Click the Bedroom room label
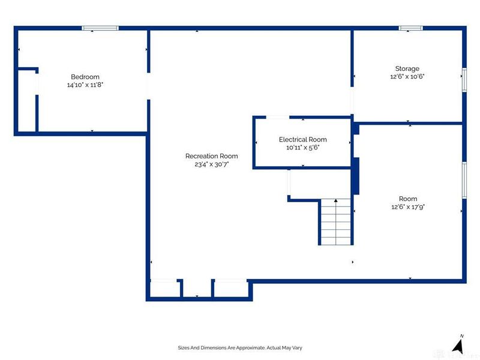click(x=85, y=77)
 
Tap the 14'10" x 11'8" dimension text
click(x=85, y=85)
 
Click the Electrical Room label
click(x=302, y=139)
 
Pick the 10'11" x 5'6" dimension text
click(x=302, y=147)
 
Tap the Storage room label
click(x=407, y=68)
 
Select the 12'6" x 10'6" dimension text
click(x=407, y=77)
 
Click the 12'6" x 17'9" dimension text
click(x=407, y=206)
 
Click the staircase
click(x=335, y=222)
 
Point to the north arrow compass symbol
click(x=458, y=345)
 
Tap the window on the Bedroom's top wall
click(x=100, y=28)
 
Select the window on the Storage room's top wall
click(x=411, y=28)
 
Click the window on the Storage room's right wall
click(x=464, y=80)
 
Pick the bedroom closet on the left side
click(x=26, y=99)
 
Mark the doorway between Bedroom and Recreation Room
click(x=148, y=84)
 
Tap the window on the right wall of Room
click(x=464, y=179)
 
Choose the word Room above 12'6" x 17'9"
click(x=407, y=199)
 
